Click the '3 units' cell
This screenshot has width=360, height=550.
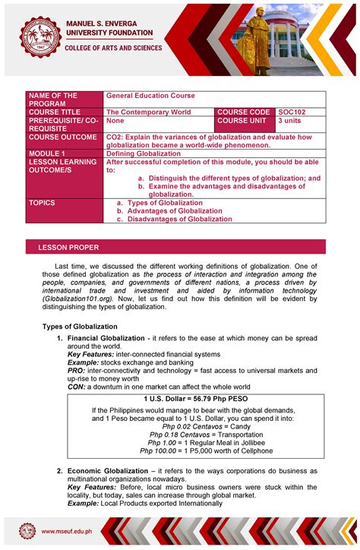(x=291, y=120)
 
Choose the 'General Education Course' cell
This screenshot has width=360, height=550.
(x=150, y=96)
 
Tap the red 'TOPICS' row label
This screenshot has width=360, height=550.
(x=43, y=204)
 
